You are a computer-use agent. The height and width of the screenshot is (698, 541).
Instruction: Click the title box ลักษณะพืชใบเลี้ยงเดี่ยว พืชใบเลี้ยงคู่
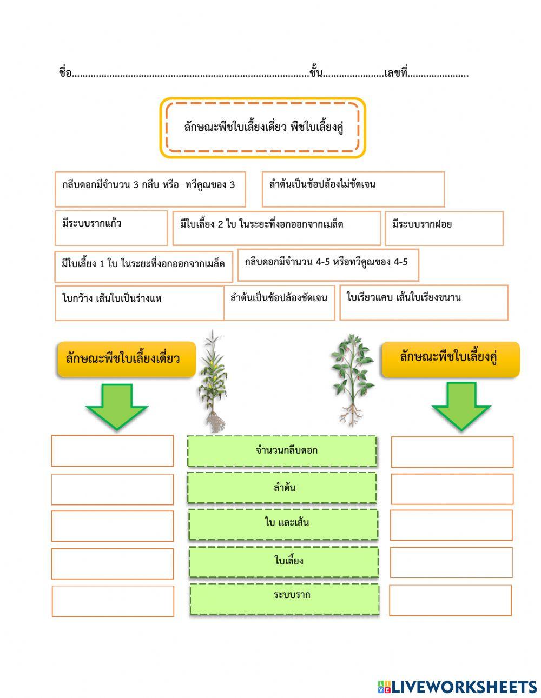click(263, 128)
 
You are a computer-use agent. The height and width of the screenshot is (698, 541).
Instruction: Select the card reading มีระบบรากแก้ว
click(111, 228)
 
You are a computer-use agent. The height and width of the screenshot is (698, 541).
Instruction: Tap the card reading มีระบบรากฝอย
click(444, 228)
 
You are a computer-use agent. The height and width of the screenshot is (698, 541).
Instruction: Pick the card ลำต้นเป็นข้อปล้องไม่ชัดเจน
click(353, 189)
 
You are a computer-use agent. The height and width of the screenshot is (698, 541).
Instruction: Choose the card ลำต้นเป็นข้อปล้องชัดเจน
click(279, 302)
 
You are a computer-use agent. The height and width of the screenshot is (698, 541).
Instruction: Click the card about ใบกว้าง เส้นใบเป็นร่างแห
click(139, 303)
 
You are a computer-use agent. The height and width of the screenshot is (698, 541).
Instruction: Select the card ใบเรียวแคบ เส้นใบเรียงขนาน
click(424, 302)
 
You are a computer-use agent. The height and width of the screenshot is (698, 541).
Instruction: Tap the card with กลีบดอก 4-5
click(328, 264)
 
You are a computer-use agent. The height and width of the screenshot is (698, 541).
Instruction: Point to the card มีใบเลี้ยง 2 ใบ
click(276, 228)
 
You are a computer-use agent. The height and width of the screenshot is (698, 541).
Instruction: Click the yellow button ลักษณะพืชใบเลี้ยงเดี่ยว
click(126, 358)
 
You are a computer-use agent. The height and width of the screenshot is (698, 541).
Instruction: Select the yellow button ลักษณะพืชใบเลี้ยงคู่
click(450, 359)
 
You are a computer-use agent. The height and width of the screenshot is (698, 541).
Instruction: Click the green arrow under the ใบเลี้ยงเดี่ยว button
click(116, 406)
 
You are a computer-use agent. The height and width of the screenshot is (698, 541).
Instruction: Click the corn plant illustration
click(213, 381)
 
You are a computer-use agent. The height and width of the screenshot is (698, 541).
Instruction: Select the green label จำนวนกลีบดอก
click(282, 451)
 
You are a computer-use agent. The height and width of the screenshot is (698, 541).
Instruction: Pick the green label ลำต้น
click(282, 488)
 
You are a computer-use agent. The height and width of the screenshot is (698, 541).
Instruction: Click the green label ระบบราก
click(284, 599)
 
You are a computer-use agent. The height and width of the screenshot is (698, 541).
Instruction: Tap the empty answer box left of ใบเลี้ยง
click(113, 563)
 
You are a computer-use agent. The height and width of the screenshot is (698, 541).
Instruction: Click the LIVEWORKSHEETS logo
click(457, 687)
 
